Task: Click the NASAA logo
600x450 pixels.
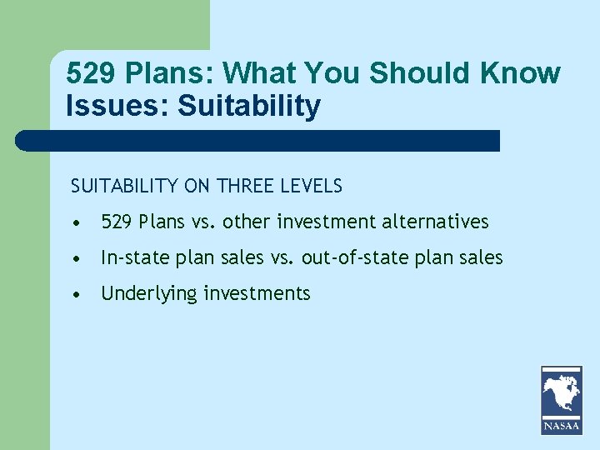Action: [x=562, y=400]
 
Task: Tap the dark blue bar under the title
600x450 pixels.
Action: [x=258, y=140]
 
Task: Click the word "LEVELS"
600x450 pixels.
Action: [x=313, y=186]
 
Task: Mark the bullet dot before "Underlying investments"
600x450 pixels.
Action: [x=76, y=294]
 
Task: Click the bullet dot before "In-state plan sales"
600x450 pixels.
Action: [x=76, y=258]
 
